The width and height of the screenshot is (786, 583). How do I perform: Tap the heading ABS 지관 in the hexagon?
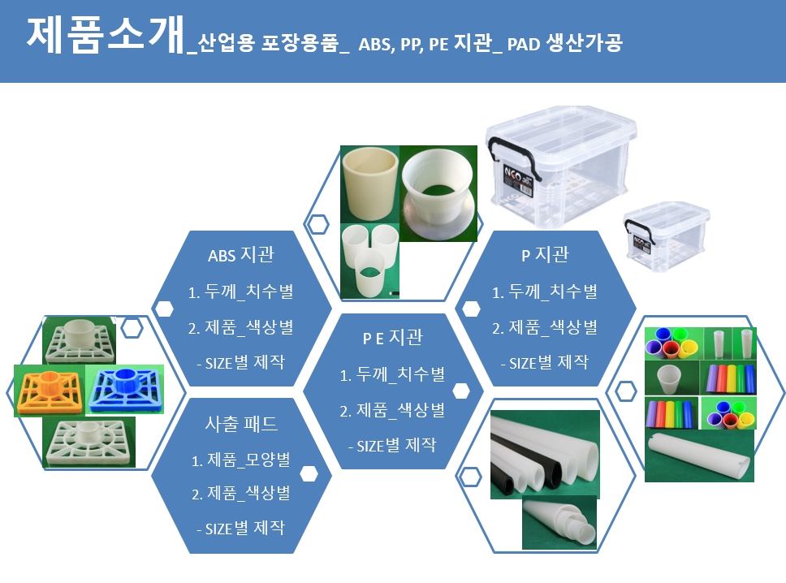241,255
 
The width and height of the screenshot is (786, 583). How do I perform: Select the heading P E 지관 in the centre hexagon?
392,337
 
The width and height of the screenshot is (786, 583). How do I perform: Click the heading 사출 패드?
241,424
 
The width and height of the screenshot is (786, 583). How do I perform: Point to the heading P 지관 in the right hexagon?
545,255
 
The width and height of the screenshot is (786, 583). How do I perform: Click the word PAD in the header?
524,44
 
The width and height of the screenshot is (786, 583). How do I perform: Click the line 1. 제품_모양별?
241,460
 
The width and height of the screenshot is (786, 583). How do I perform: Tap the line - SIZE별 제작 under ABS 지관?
241,362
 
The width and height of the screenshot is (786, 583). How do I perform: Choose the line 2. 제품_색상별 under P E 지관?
392,411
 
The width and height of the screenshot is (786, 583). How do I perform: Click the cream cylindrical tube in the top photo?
370,184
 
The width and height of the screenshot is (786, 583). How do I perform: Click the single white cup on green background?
667,379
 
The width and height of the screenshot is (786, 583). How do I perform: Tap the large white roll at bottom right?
699,456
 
